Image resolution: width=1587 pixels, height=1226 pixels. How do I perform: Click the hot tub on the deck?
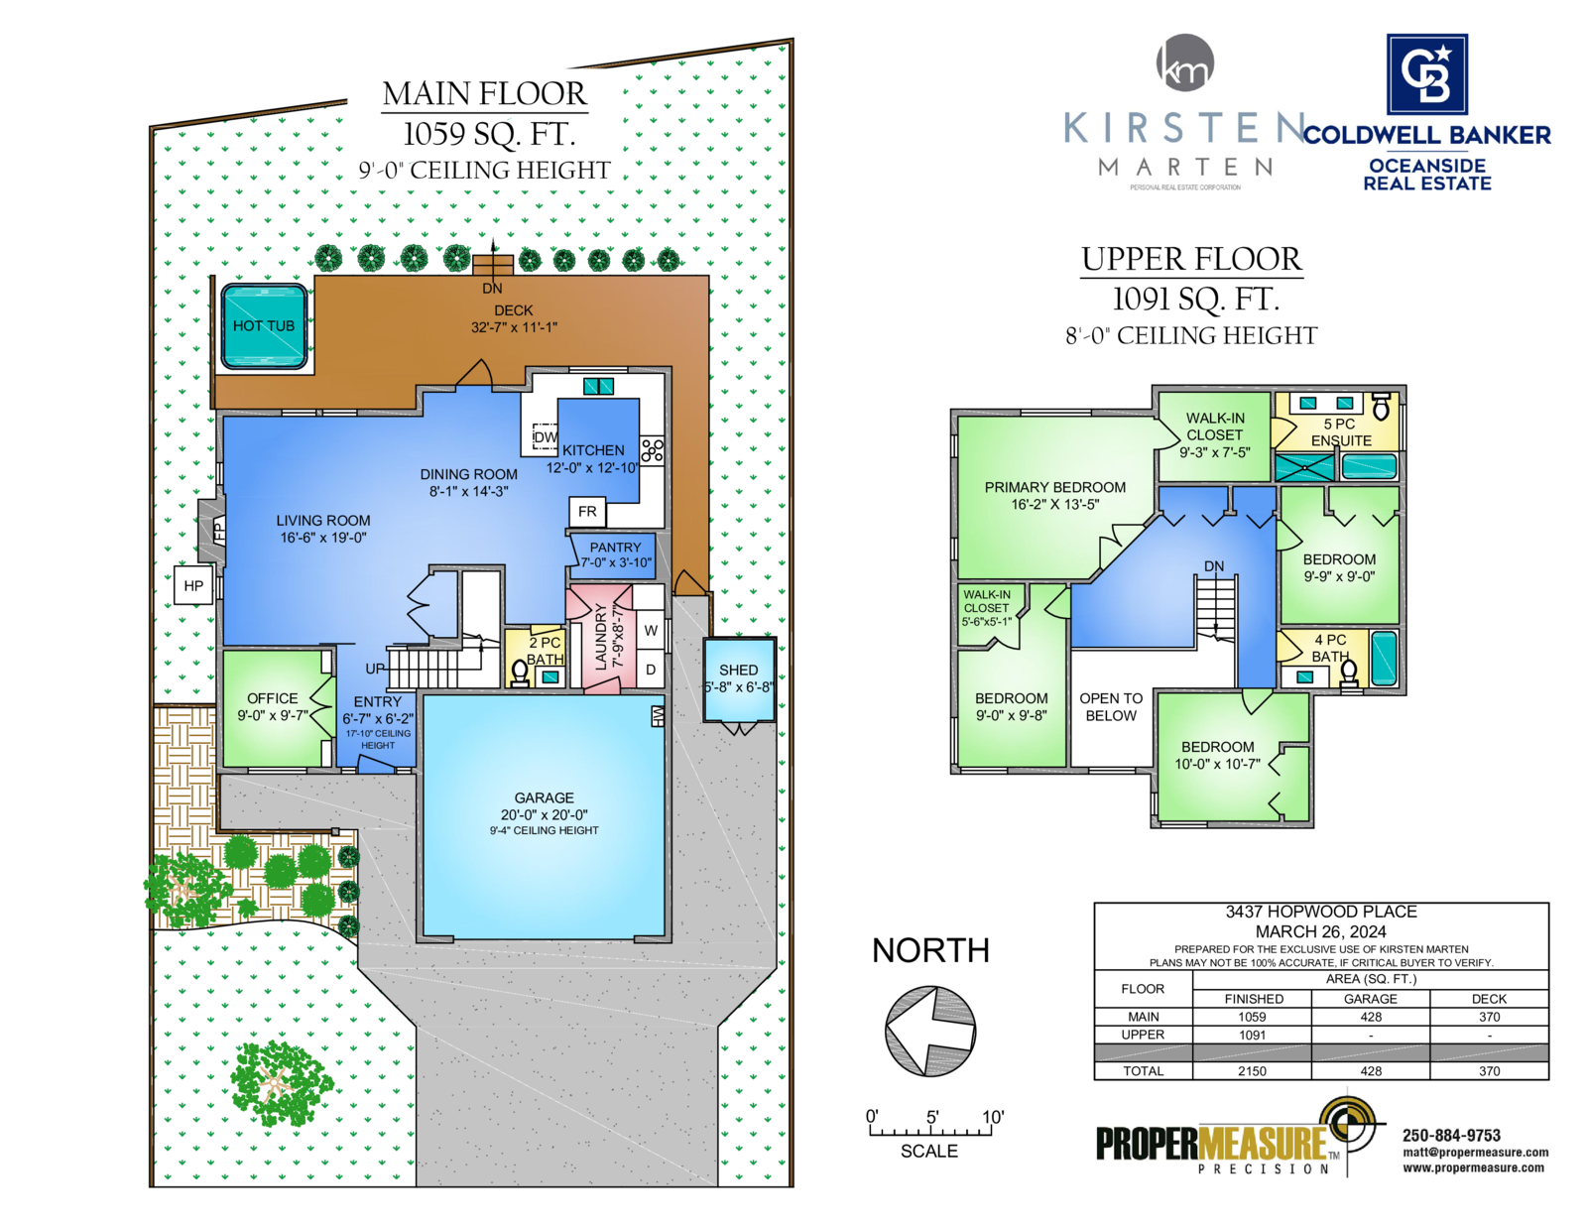[263, 325]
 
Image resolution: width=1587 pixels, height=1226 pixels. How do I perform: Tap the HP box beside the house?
[192, 585]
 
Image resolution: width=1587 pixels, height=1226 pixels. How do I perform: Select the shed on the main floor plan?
[738, 679]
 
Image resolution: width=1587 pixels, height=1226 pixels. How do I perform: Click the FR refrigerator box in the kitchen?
[586, 511]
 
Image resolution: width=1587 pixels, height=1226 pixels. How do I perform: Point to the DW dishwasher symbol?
[545, 436]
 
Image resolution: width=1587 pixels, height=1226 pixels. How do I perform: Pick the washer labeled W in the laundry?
[650, 630]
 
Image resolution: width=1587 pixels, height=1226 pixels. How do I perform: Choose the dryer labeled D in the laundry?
[650, 669]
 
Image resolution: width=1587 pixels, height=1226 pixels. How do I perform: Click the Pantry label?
[615, 547]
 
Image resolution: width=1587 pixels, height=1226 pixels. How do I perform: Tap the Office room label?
[272, 698]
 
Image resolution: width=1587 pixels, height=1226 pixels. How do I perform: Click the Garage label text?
[544, 797]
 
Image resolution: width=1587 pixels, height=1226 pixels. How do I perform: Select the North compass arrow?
[929, 1031]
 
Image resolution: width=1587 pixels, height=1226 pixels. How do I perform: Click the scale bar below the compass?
[929, 1131]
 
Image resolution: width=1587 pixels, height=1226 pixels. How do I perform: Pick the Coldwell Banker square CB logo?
[1426, 73]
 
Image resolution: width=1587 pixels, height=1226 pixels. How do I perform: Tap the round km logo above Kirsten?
[1184, 62]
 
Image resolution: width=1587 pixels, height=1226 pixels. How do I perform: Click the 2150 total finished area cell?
[1251, 1070]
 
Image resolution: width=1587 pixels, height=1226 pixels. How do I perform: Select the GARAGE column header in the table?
[1370, 998]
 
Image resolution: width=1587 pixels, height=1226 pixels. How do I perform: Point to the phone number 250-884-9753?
[1450, 1135]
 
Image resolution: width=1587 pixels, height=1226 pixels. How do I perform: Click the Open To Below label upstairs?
[1110, 707]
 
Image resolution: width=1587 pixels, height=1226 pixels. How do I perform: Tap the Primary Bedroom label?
[1054, 487]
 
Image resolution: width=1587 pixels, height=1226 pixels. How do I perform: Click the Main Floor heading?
[483, 93]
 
